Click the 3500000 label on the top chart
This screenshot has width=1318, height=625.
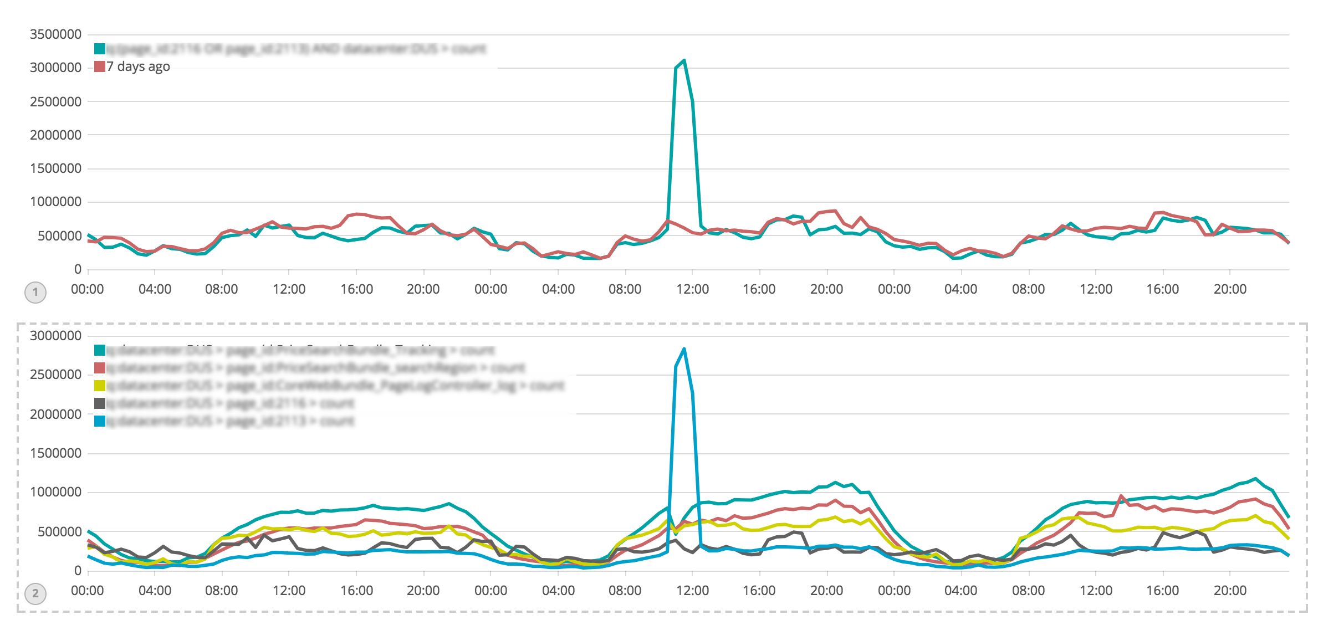click(x=55, y=34)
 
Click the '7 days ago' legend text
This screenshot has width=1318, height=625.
click(x=138, y=66)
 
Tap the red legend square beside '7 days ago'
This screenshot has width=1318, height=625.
click(x=100, y=66)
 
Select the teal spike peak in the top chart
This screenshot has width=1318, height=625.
click(x=684, y=60)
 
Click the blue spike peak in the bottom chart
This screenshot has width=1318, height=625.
click(x=684, y=349)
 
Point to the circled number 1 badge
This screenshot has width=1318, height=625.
click(x=35, y=293)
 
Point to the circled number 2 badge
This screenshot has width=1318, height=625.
click(x=35, y=594)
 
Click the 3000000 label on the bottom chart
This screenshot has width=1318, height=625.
click(x=55, y=336)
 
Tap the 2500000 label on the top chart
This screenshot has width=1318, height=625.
click(x=55, y=102)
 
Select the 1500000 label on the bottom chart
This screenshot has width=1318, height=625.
click(x=55, y=453)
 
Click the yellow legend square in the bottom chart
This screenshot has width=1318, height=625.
click(x=100, y=386)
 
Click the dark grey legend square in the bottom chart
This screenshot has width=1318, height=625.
click(x=100, y=403)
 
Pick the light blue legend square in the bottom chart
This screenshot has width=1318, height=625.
click(x=100, y=421)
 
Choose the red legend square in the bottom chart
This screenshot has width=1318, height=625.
click(x=100, y=368)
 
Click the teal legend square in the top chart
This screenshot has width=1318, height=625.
click(x=100, y=49)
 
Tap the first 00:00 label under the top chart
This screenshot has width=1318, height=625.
click(x=88, y=289)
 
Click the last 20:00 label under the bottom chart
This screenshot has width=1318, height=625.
click(x=1230, y=591)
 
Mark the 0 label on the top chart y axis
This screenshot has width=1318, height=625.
click(x=78, y=269)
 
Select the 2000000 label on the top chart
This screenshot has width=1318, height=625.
click(x=55, y=135)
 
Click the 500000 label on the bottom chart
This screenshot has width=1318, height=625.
click(x=59, y=532)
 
